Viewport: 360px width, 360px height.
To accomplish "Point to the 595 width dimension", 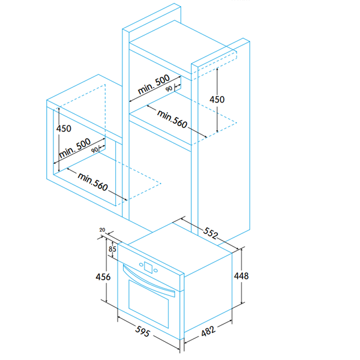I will (x=142, y=331).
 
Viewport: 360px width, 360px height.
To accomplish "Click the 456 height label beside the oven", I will (x=104, y=277).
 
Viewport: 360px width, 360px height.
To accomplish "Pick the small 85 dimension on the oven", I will (x=112, y=247).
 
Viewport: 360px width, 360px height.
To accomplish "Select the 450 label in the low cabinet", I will (x=64, y=128).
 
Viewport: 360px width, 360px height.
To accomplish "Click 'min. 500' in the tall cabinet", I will (x=154, y=84).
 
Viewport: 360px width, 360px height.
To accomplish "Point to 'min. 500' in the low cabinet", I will (x=76, y=148).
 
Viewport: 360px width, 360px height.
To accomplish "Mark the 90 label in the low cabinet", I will (x=95, y=150).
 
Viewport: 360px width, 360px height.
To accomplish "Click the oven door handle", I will (x=148, y=283).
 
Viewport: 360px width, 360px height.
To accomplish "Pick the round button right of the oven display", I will (x=155, y=271).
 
